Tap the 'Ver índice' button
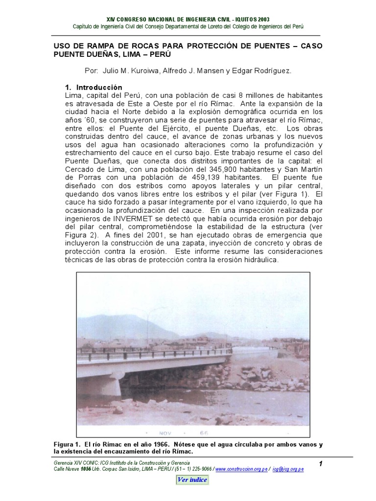[192, 479]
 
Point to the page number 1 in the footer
[320, 463]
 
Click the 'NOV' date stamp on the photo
[166, 433]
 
